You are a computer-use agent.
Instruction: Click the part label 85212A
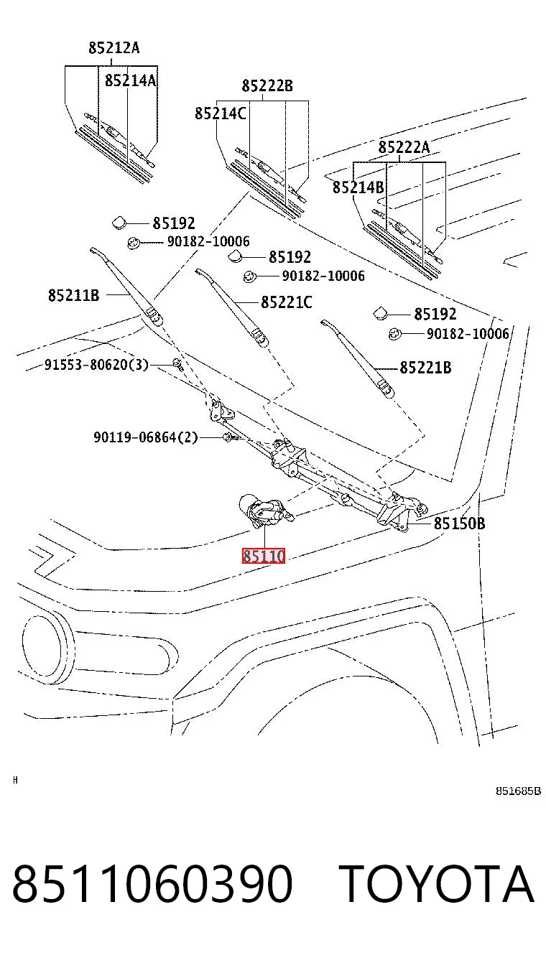click(114, 47)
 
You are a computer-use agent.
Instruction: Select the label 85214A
click(131, 80)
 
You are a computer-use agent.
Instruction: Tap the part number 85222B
click(267, 86)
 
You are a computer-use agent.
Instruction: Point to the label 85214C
click(221, 113)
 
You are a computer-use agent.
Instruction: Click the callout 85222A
click(404, 147)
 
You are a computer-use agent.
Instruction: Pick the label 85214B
click(358, 187)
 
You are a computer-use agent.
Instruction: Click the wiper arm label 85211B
click(73, 295)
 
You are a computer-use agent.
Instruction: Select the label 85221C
click(287, 302)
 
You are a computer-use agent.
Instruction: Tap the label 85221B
click(425, 368)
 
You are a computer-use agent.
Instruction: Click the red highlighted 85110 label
click(263, 556)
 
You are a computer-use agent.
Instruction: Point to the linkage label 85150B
click(460, 523)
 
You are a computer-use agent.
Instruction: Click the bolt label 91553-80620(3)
click(96, 365)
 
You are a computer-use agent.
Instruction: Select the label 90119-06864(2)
click(146, 437)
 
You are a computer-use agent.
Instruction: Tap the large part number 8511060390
click(152, 884)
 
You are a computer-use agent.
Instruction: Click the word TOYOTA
click(436, 884)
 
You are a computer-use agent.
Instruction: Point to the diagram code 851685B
click(518, 791)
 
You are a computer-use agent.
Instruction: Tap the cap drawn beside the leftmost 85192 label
click(119, 223)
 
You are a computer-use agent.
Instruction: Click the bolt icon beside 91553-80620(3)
click(178, 364)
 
